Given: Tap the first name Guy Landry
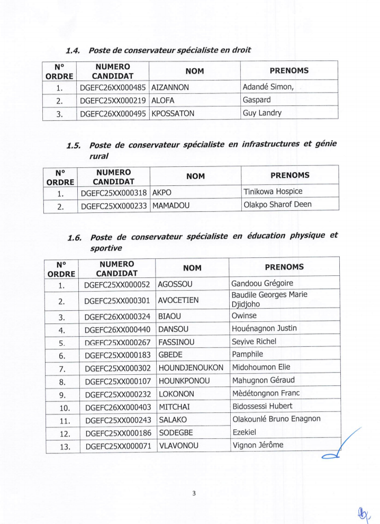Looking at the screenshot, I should (262, 113).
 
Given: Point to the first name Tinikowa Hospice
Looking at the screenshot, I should (273, 192).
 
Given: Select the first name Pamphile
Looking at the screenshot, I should (247, 354).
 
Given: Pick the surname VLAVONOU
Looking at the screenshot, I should (178, 446).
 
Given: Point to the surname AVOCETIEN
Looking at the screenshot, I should (178, 301).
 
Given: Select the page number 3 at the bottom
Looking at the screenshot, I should (194, 493).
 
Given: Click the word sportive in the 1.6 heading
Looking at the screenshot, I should (106, 248).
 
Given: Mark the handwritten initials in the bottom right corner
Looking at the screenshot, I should (363, 512).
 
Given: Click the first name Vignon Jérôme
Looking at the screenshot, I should (258, 445).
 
